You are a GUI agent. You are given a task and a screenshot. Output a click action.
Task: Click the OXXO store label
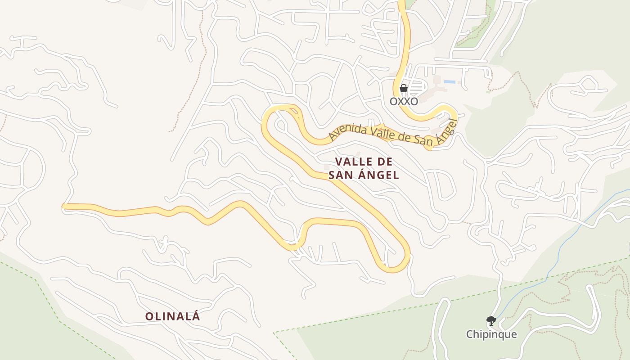[404, 101]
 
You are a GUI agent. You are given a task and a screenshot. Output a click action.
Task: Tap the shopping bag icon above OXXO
[404, 88]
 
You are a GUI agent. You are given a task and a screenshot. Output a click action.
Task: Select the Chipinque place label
[491, 334]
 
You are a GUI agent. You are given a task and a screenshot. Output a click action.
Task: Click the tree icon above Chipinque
[491, 321]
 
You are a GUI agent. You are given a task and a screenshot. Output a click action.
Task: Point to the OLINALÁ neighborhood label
[172, 316]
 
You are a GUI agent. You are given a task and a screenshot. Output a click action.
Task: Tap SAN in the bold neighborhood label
[340, 175]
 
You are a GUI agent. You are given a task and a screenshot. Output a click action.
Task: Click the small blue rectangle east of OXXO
[450, 82]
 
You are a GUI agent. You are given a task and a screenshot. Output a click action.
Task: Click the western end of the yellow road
[64, 207]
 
